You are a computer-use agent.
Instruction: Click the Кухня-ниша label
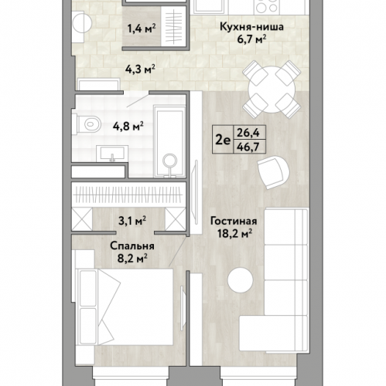(251, 27)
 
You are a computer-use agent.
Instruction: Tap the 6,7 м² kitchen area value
(251, 39)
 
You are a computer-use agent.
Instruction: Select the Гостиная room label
(234, 221)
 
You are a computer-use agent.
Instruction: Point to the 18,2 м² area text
(234, 234)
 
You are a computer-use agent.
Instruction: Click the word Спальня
(132, 246)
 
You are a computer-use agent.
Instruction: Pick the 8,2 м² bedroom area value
(132, 258)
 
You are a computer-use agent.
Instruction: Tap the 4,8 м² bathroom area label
(128, 127)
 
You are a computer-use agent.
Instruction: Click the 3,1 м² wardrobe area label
(132, 221)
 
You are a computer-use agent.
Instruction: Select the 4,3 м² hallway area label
(140, 69)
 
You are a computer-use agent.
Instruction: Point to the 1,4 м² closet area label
(141, 29)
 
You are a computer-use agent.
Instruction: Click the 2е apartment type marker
(223, 141)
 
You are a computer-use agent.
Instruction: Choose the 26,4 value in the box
(248, 133)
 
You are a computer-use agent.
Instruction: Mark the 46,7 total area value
(248, 147)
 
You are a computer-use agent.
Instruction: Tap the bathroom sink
(112, 154)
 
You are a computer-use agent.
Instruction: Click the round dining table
(272, 90)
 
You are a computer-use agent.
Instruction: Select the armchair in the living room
(273, 172)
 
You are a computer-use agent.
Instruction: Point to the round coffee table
(241, 280)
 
